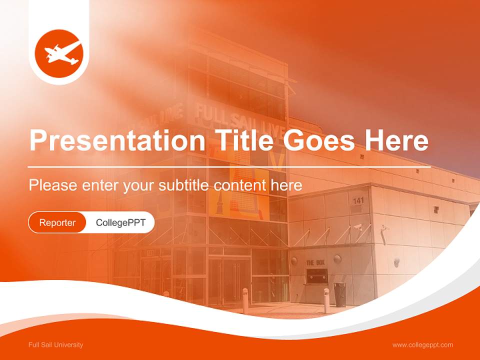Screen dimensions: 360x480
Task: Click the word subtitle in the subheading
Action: (x=184, y=185)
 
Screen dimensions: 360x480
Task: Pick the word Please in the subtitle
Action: (x=52, y=185)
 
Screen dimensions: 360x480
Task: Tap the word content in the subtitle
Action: (x=239, y=185)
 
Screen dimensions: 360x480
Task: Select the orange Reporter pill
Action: (x=57, y=222)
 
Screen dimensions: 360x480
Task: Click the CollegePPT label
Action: (x=120, y=222)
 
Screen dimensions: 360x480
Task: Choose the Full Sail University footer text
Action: (x=56, y=345)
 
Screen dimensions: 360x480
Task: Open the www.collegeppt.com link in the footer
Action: (x=422, y=345)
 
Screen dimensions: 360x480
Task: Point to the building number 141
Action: (x=358, y=201)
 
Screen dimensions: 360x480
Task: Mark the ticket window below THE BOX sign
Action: (x=317, y=275)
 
